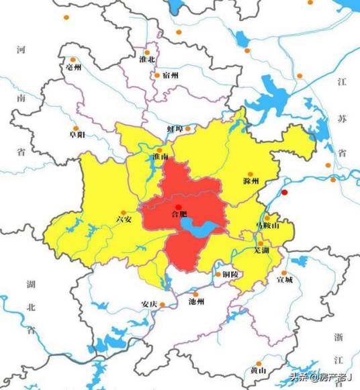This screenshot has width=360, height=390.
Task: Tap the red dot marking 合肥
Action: point(178,206)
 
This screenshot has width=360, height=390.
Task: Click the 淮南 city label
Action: point(160,156)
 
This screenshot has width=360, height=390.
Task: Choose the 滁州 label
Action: point(251,181)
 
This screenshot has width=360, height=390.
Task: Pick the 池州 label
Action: point(196,303)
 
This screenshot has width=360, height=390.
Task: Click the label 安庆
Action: point(149,303)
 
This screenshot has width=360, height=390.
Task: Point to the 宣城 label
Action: point(285,281)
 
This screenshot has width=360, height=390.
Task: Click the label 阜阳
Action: point(77,135)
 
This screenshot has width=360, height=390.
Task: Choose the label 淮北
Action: point(147,60)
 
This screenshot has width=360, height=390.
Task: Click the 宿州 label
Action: point(170,75)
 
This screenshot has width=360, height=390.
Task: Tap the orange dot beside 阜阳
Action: point(76,128)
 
